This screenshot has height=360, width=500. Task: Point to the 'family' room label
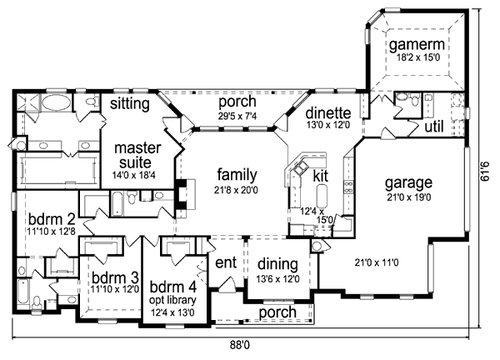(x=237, y=175)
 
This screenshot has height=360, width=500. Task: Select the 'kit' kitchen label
(x=321, y=176)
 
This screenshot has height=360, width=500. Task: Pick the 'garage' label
(x=407, y=182)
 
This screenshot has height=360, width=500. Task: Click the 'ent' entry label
(x=226, y=262)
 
